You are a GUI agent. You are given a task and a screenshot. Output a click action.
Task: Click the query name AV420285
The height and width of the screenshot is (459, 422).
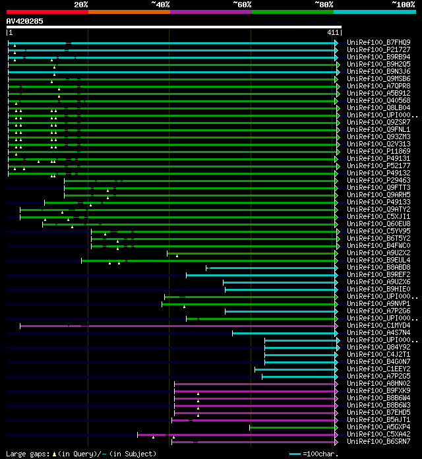tap(25, 21)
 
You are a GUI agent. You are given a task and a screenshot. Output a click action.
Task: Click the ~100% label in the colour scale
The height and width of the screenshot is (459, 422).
tap(403, 4)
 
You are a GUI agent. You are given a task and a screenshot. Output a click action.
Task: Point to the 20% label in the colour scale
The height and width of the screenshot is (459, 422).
tap(81, 4)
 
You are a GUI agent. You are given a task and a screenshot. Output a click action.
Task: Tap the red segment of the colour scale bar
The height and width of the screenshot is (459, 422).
tap(47, 11)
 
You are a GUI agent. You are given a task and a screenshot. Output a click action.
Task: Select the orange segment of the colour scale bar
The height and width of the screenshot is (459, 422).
tap(129, 11)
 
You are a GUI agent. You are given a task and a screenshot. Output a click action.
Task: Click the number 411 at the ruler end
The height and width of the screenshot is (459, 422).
tap(332, 32)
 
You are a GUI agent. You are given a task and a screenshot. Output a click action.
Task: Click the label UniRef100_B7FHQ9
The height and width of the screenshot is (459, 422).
tap(378, 43)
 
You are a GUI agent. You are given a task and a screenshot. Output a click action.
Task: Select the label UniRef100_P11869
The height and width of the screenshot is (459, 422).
tap(378, 152)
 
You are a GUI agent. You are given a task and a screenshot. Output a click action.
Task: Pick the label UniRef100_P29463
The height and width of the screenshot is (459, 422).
tap(378, 181)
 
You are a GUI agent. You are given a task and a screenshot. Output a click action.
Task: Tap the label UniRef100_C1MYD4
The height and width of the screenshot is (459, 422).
tap(378, 326)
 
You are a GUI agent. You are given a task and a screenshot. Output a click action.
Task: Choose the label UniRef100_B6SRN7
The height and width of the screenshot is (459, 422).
tap(378, 442)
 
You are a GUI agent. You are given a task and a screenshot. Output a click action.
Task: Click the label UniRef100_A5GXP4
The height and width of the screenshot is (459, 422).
tap(378, 427)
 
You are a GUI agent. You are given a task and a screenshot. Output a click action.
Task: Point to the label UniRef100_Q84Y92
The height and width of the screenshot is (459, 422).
tap(378, 348)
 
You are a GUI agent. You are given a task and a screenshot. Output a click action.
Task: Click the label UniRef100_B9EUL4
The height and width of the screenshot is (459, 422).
tap(378, 260)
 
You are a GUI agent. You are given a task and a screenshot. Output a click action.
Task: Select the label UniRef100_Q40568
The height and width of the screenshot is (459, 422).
tap(378, 101)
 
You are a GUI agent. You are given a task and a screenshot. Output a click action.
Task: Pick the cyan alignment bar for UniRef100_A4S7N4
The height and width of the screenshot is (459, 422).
tap(284, 333)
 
